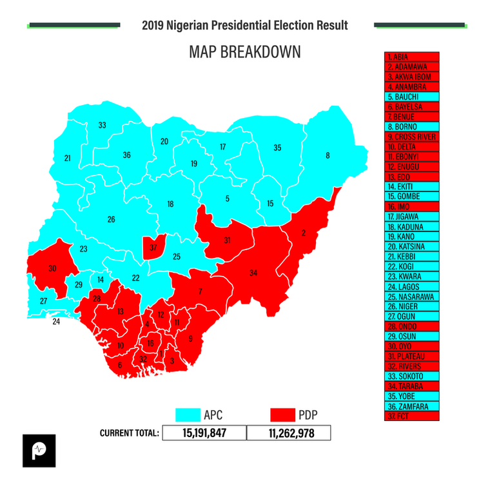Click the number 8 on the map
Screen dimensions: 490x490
tap(328, 155)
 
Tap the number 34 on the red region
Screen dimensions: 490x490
tap(253, 273)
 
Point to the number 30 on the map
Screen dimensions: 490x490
tap(52, 268)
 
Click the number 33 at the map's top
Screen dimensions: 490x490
tap(102, 125)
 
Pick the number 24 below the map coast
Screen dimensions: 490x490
tap(56, 321)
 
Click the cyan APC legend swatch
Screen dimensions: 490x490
tap(188, 414)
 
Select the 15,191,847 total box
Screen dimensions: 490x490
tap(204, 433)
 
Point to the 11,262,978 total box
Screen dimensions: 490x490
tap(289, 433)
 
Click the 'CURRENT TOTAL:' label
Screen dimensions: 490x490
tap(129, 433)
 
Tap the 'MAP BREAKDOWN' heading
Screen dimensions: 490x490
tap(244, 52)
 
